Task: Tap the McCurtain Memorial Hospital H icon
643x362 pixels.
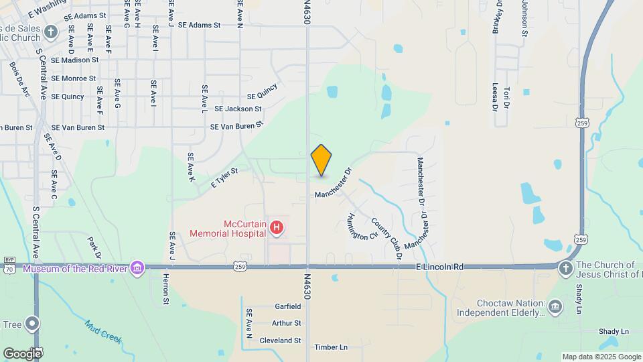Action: click(276, 229)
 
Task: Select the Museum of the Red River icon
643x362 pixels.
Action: click(137, 269)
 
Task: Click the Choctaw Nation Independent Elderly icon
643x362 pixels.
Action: click(555, 308)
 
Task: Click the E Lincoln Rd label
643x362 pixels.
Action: click(439, 267)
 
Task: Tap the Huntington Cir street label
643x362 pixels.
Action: click(362, 227)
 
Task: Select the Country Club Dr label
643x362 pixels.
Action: click(386, 239)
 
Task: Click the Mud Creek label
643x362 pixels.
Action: click(103, 330)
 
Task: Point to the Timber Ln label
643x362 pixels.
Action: click(331, 347)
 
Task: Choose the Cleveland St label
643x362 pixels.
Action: click(279, 341)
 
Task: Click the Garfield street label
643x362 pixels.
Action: click(288, 306)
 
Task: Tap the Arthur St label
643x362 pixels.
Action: click(287, 323)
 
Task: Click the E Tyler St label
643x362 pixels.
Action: click(224, 178)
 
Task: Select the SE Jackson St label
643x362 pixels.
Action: click(238, 109)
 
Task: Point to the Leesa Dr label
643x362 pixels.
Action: click(495, 96)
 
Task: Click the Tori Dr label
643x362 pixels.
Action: click(507, 98)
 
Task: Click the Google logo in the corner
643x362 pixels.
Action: click(22, 353)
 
